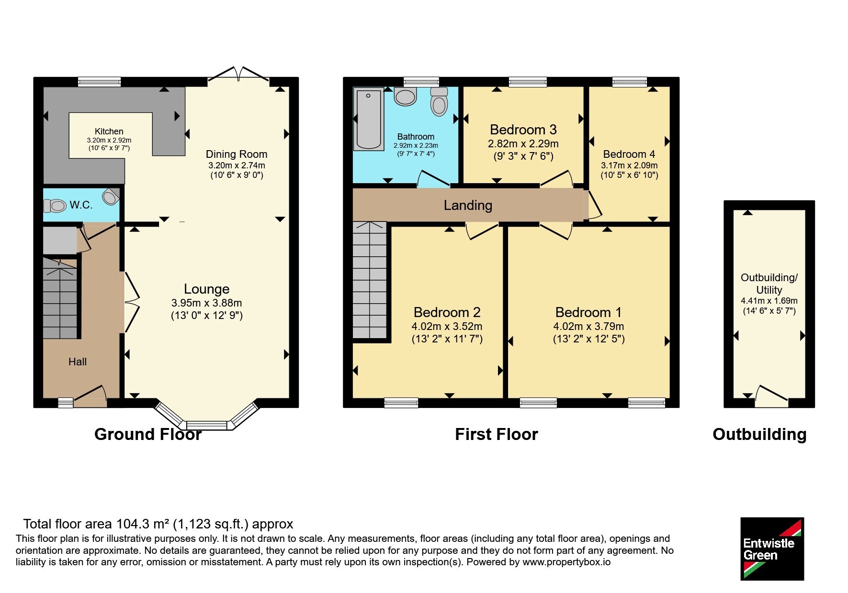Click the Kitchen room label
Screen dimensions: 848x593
tap(109, 132)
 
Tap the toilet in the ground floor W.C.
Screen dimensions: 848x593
tap(55, 206)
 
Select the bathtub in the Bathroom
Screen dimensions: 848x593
tap(368, 119)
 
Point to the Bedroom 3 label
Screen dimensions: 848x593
tap(523, 130)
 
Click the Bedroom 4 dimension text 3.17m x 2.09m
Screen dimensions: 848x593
tap(629, 165)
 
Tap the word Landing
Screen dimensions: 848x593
tap(468, 205)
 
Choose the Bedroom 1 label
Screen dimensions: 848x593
tap(588, 312)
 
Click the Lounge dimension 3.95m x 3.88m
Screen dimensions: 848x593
tap(206, 303)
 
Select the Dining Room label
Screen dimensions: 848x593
tap(237, 154)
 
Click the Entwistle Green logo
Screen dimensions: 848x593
tap(772, 549)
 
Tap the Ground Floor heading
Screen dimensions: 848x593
tap(148, 434)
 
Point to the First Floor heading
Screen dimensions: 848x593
tap(497, 434)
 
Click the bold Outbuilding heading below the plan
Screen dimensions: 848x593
tap(759, 434)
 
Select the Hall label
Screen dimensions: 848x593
tap(78, 362)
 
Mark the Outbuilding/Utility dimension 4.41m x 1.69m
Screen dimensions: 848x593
tap(769, 301)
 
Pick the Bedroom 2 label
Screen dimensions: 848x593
tap(447, 312)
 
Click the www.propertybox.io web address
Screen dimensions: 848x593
tap(566, 562)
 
